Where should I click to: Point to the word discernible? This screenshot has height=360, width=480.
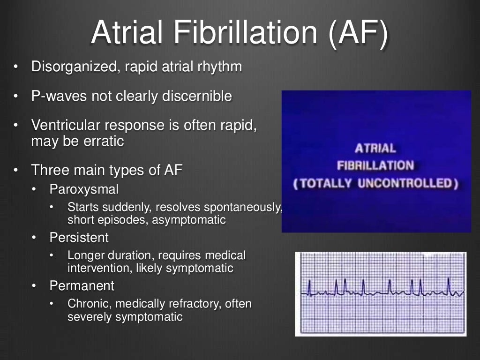click(x=197, y=96)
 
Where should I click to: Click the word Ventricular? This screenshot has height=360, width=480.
click(x=65, y=126)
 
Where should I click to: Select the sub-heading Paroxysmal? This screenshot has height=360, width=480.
click(x=84, y=189)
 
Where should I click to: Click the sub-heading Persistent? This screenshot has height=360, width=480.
click(x=79, y=238)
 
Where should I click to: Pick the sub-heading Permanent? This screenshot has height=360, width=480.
click(x=82, y=285)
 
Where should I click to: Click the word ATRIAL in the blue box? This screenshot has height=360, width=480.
click(x=375, y=149)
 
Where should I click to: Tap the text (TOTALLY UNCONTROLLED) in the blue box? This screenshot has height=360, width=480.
click(x=375, y=183)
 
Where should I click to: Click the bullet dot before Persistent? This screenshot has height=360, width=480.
click(x=34, y=238)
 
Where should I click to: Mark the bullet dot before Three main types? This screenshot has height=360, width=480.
click(x=15, y=170)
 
